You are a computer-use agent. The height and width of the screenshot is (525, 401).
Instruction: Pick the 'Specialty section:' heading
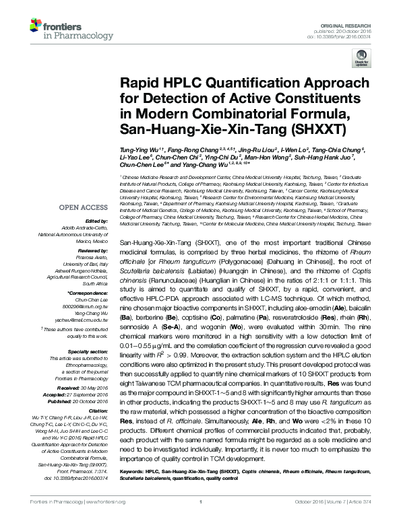(88, 351)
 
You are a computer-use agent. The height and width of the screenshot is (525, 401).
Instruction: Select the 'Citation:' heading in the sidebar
(97, 410)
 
